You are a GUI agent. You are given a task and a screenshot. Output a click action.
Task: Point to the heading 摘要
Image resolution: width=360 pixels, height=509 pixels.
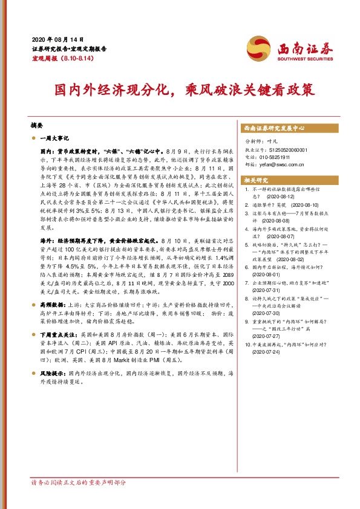pos(36,125)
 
